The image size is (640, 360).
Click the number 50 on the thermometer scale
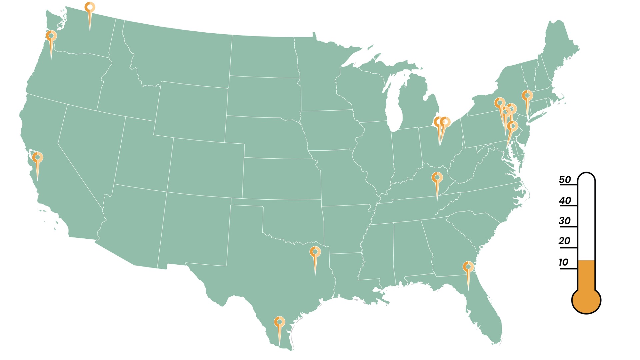point(565,180)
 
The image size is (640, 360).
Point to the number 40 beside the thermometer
point(565,201)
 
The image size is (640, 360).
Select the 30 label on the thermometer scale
point(565,221)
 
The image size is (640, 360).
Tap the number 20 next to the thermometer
point(564,241)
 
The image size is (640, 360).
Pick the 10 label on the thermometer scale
point(563,262)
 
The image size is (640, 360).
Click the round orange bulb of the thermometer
point(586,300)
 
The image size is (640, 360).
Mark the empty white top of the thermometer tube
point(586,213)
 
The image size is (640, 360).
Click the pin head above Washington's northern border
point(90,7)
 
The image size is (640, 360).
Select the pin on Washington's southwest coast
point(51,36)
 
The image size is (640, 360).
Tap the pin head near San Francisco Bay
point(38,157)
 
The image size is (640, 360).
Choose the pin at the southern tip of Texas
point(279,322)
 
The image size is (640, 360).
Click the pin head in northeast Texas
point(315,252)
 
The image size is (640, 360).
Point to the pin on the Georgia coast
point(468,267)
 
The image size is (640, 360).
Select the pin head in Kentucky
point(437,178)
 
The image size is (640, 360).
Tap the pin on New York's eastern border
point(527,96)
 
